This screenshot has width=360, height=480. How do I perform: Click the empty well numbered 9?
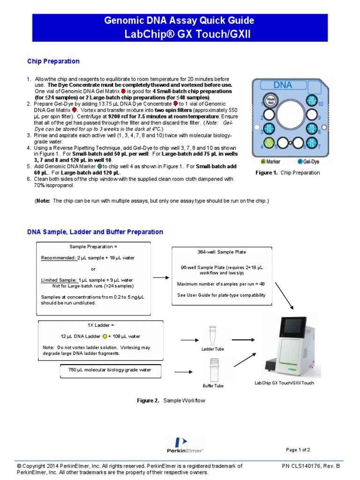point(311,114)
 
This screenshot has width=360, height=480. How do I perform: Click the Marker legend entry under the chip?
point(270,162)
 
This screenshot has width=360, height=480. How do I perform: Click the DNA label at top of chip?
point(283,85)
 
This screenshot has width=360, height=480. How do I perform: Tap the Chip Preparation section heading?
point(53,61)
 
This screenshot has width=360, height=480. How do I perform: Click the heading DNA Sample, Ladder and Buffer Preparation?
point(95,232)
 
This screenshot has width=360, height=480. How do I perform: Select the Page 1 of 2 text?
point(298,450)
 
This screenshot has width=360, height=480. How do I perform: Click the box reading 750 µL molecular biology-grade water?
point(110,370)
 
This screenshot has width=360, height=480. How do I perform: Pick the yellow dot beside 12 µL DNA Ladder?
point(105,336)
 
